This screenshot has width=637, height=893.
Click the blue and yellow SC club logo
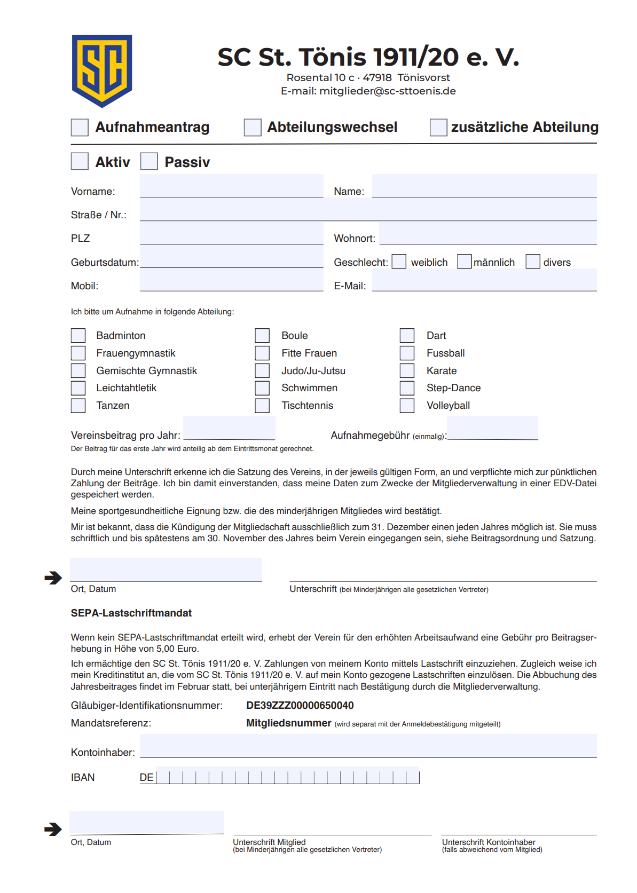click(102, 70)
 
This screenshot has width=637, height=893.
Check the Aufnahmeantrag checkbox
click(80, 128)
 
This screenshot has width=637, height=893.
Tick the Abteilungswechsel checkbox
click(253, 128)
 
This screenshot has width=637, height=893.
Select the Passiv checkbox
click(149, 161)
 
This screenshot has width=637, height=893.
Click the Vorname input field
click(231, 186)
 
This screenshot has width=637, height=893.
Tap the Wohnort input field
click(487, 233)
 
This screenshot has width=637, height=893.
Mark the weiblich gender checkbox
click(399, 262)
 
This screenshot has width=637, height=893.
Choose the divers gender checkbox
click(533, 262)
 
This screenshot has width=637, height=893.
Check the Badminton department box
click(78, 335)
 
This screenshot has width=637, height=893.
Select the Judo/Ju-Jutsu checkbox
click(262, 370)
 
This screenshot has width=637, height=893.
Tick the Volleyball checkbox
click(407, 406)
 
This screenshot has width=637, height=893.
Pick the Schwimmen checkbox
click(262, 388)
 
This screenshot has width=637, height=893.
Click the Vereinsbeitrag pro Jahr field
click(229, 429)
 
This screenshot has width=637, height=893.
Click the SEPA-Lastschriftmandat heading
click(131, 613)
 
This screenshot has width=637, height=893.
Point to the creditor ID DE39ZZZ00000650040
click(300, 706)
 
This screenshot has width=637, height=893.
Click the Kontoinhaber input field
click(368, 746)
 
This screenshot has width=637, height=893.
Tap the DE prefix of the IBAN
click(147, 778)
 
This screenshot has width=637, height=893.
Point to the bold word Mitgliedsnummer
click(288, 723)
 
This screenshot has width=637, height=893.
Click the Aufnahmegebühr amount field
click(492, 429)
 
